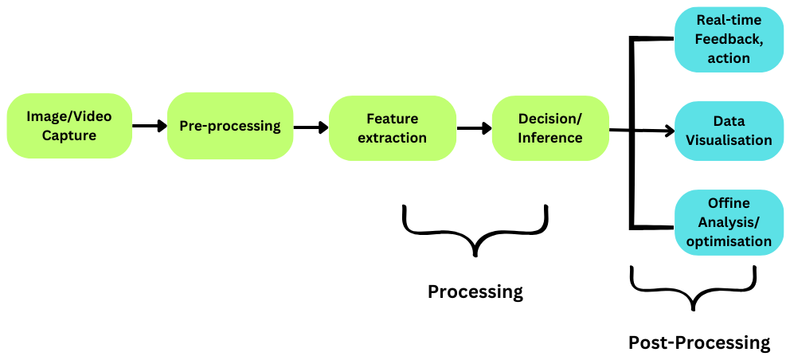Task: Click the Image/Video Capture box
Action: tap(69, 126)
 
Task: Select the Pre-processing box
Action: tap(230, 126)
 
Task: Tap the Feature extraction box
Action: tap(392, 127)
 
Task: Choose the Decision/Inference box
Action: tap(550, 127)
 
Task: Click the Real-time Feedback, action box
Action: tap(729, 40)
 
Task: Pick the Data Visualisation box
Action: tap(729, 131)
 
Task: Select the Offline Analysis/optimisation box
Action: tap(729, 222)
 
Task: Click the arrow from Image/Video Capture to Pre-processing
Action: tap(149, 126)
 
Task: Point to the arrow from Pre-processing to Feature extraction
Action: tap(311, 127)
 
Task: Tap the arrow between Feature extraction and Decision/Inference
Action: tap(474, 127)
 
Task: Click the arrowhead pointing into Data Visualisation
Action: tap(667, 131)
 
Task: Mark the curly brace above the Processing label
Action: tap(475, 231)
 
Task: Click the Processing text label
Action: tap(475, 292)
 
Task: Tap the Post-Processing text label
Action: tap(699, 342)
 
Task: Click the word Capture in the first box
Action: tap(69, 135)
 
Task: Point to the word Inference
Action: tap(550, 138)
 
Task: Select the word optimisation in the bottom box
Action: tap(729, 241)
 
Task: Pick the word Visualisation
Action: tap(729, 140)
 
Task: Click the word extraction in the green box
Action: tap(392, 138)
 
